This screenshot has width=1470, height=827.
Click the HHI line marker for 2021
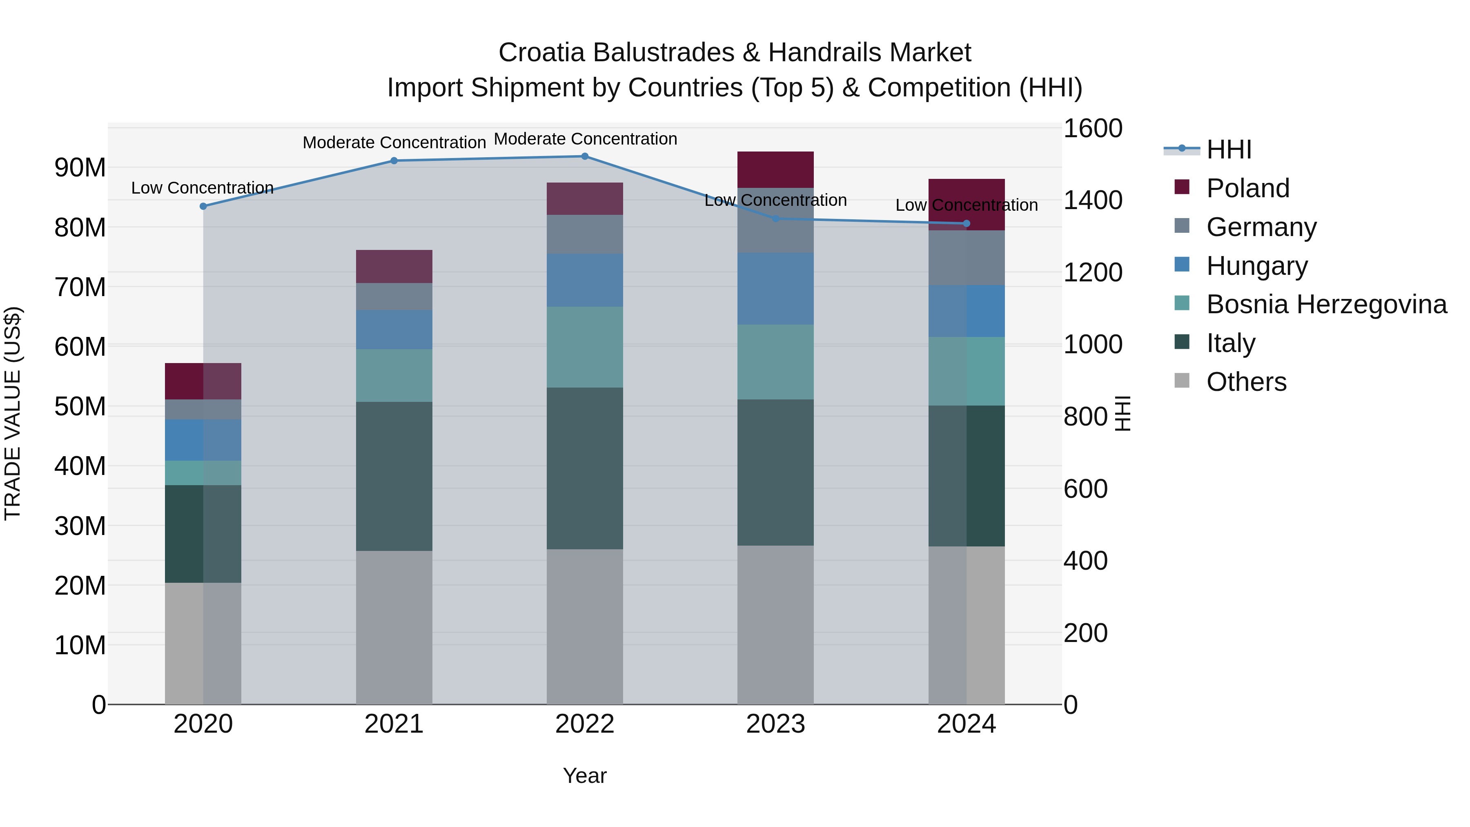coord(394,161)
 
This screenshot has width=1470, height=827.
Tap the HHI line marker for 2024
coord(966,224)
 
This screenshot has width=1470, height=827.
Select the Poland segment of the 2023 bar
coord(775,169)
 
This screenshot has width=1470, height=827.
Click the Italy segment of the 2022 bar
coord(584,468)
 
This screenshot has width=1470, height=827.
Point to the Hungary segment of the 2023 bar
coord(775,289)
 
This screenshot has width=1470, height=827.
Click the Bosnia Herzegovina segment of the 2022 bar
coord(584,347)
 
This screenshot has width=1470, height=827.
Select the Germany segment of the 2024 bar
coord(966,258)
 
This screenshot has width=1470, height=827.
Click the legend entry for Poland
coord(1247,188)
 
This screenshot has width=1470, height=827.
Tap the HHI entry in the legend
coord(1229,149)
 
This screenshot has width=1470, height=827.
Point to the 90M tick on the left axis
coord(80,168)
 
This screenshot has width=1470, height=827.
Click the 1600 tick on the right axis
coord(1092,128)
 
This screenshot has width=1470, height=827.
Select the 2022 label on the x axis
coord(584,724)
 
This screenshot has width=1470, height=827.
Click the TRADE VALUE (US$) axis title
coord(13,413)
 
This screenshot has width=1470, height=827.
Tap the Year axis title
coord(584,776)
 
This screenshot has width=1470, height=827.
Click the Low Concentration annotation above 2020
coord(202,188)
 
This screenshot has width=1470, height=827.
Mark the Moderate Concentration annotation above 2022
coord(585,139)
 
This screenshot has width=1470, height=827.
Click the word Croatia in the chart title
coord(541,53)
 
